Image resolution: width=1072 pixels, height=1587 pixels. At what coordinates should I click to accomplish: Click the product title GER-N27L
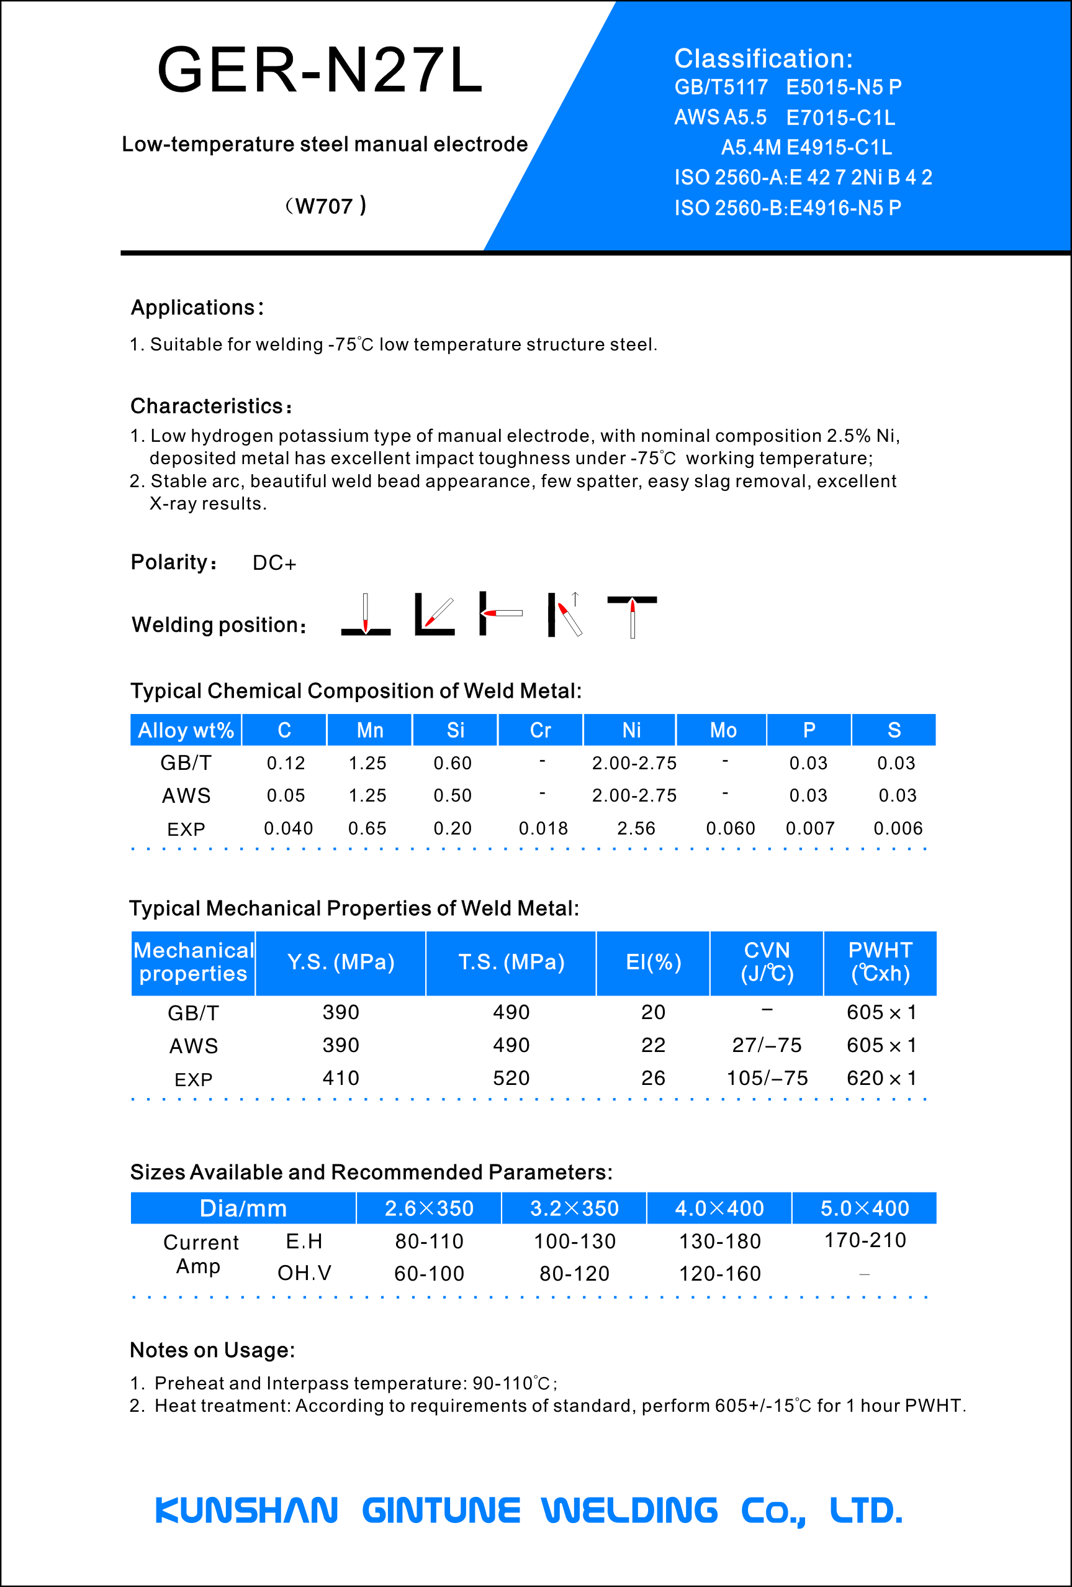(319, 70)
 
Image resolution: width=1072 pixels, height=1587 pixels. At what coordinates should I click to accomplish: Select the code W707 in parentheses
(324, 206)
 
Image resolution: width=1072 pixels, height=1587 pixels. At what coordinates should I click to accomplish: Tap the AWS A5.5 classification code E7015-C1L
(840, 117)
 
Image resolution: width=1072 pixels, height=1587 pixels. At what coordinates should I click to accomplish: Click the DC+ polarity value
(274, 563)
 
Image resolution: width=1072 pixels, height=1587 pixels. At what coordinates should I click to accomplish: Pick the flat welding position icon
(366, 615)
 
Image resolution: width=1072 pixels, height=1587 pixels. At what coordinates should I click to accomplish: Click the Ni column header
(631, 730)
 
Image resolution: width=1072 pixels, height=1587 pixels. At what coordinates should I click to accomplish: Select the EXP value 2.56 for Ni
(636, 828)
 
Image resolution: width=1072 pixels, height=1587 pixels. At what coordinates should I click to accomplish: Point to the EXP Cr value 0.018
(543, 828)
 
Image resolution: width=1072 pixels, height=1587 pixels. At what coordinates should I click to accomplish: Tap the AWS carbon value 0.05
(286, 795)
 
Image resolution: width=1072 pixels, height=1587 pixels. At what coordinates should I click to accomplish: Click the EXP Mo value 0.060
(730, 828)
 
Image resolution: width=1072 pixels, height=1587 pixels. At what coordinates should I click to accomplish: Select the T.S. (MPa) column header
(511, 962)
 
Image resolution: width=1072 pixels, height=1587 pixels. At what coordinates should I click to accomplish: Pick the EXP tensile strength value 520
(511, 1078)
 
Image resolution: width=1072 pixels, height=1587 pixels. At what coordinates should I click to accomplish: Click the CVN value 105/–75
(767, 1078)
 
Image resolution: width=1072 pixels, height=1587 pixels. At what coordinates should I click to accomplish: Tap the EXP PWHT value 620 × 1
(881, 1078)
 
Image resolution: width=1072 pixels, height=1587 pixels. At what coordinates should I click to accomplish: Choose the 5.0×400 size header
(865, 1209)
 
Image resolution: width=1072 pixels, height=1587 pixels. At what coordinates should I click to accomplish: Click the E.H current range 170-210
(865, 1240)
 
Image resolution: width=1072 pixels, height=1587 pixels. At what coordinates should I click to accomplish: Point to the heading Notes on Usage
(212, 1350)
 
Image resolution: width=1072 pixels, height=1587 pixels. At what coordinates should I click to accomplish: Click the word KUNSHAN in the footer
(246, 1511)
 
